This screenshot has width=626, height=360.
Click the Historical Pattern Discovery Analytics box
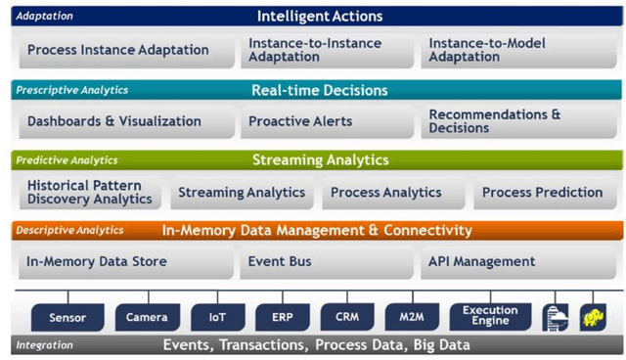click(90, 193)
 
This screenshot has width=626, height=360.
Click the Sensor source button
click(67, 317)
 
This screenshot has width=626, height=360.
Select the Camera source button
click(147, 317)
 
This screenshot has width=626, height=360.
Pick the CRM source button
click(347, 317)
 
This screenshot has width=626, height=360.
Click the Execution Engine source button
click(490, 316)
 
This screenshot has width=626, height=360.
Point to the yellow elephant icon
click(591, 316)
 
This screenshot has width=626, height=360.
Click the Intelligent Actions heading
click(320, 16)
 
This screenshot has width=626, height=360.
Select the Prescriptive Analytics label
click(71, 90)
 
